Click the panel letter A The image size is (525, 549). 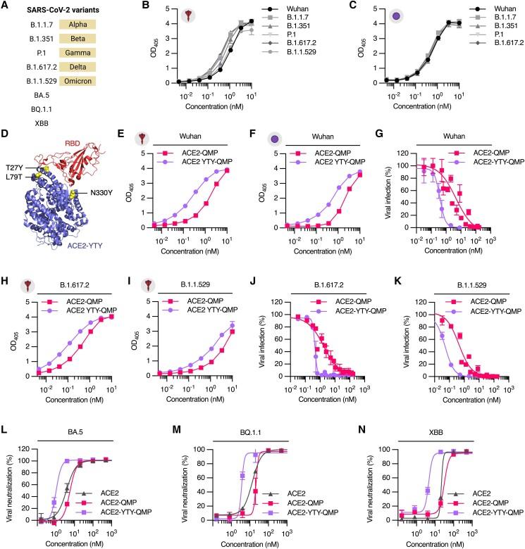(x=6, y=8)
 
